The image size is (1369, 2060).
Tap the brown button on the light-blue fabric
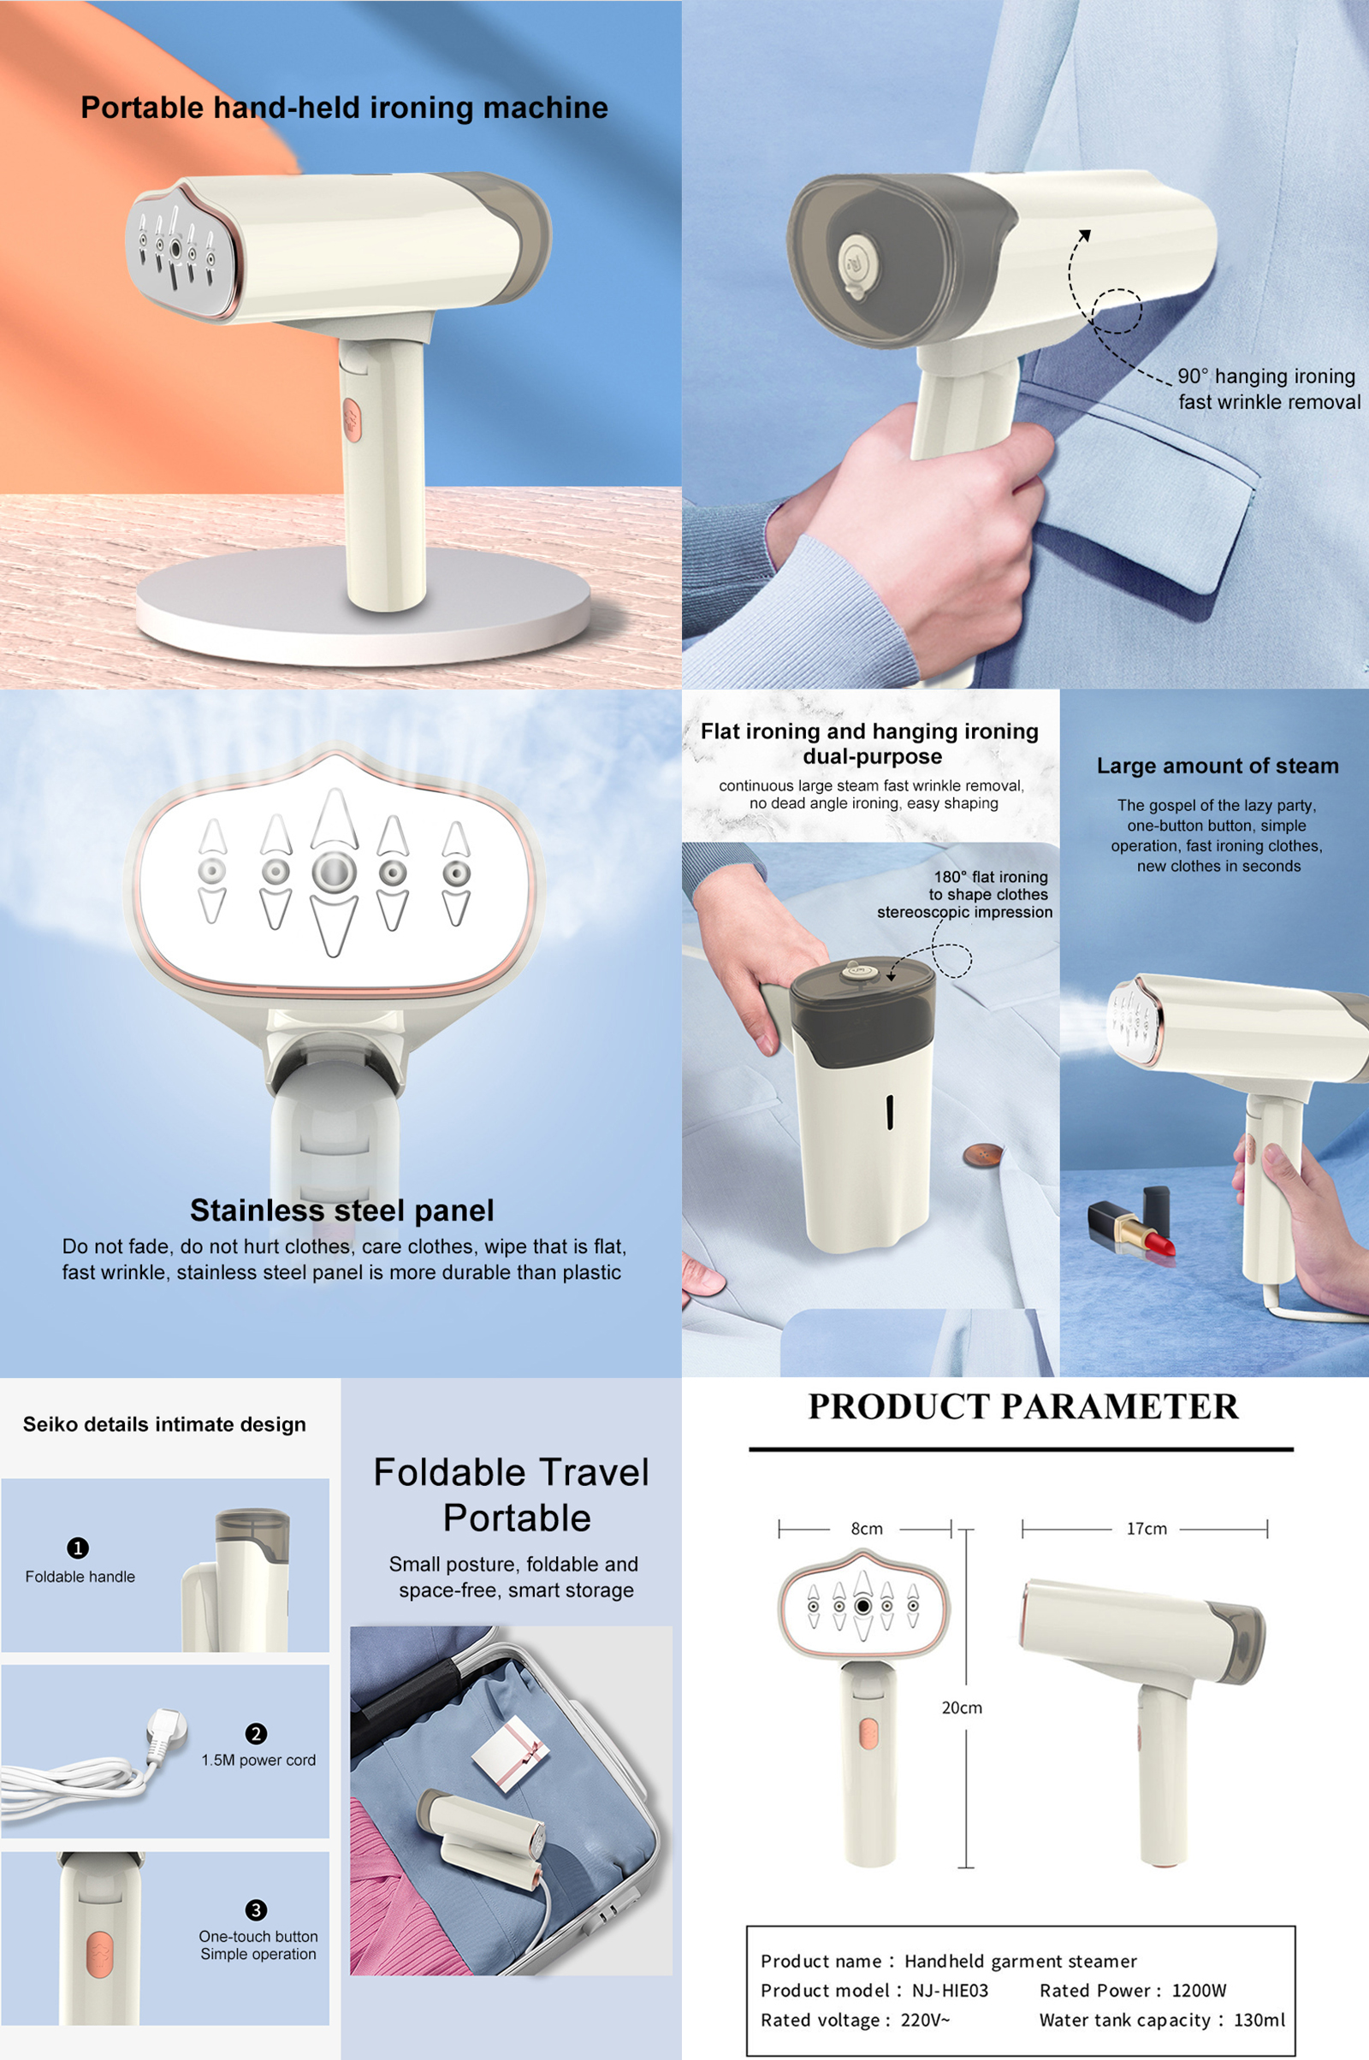[x=982, y=1155]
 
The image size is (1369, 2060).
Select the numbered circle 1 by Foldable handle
[x=78, y=1548]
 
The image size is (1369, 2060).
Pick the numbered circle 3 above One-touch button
[x=256, y=1910]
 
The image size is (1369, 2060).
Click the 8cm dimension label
[x=867, y=1529]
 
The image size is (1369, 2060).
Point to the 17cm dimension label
[x=1147, y=1529]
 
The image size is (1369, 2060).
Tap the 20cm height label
[x=962, y=1708]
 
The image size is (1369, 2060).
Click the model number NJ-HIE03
[x=950, y=1990]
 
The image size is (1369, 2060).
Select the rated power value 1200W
[x=1199, y=1990]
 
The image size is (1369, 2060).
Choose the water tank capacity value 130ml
[x=1259, y=2019]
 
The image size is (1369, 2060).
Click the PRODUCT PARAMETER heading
[x=1023, y=1406]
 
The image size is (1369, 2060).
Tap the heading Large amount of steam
[x=1218, y=766]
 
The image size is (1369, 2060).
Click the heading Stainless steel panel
[x=342, y=1210]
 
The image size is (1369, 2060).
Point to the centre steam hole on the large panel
[x=334, y=872]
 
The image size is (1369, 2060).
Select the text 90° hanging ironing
[x=1266, y=376]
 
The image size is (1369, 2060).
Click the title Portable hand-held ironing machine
[x=345, y=108]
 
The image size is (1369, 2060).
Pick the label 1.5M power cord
[x=258, y=1760]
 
